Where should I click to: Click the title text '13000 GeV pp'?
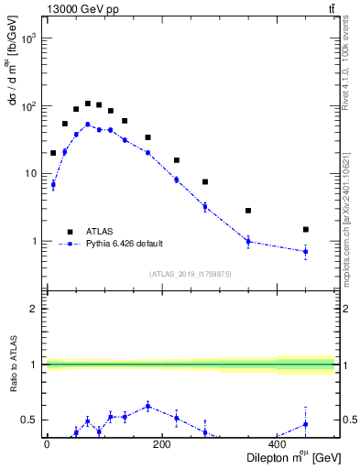78,8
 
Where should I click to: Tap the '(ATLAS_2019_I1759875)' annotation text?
191,274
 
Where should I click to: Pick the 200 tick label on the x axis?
161,445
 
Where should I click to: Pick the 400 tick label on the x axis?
277,445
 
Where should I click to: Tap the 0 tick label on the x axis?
47,445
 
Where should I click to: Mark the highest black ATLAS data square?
88,104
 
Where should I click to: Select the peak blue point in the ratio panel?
147,406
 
